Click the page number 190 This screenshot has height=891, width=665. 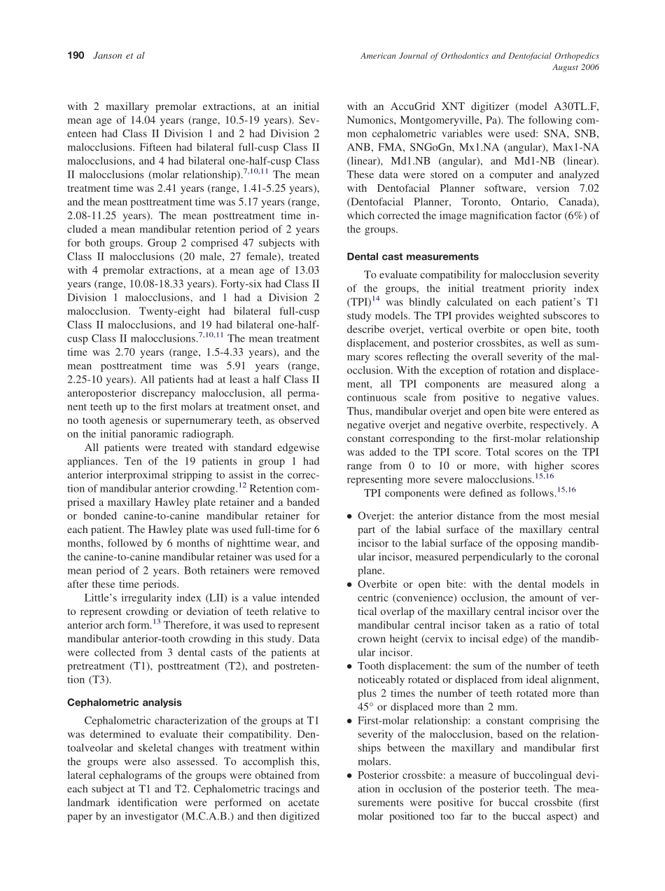[x=76, y=56]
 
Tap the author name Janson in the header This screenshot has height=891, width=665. [x=109, y=56]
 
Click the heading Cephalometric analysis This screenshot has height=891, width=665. [x=124, y=702]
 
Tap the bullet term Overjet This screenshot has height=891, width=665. [x=376, y=516]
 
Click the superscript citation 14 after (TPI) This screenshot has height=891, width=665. [x=376, y=299]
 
